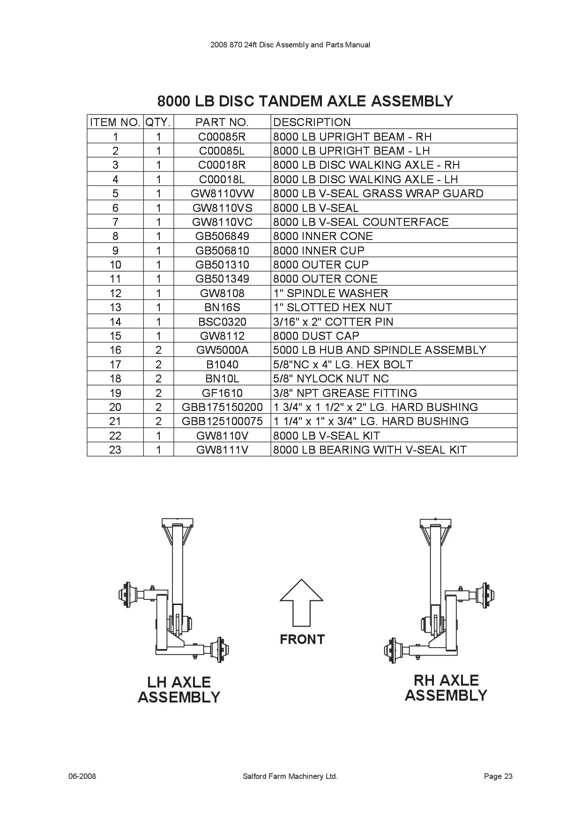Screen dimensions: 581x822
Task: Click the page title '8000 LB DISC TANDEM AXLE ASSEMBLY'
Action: (305, 101)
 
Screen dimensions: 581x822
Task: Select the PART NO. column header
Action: (222, 122)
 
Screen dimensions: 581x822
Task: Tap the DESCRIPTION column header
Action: (312, 122)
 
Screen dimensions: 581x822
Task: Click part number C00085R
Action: (222, 137)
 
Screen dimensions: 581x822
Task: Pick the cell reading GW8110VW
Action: (222, 194)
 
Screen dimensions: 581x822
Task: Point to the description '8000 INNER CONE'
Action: (323, 236)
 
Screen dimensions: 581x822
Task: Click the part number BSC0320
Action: (222, 322)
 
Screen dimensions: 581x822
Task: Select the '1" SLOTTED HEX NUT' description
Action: (333, 307)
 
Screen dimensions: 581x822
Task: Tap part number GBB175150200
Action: (222, 407)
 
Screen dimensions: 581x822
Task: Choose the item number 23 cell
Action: (115, 450)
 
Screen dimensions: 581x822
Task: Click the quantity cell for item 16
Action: (158, 350)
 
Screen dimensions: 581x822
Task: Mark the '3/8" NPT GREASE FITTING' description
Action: (345, 393)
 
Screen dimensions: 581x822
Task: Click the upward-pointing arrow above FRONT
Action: (302, 602)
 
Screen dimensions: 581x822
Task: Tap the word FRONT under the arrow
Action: (302, 639)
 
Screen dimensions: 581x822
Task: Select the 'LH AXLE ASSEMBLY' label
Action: (179, 689)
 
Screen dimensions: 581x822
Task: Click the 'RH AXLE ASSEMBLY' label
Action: (446, 687)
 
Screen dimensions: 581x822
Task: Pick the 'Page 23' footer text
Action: (498, 777)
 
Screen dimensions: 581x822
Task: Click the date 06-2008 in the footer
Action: (82, 777)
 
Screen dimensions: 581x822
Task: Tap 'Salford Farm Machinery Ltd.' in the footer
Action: (290, 777)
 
